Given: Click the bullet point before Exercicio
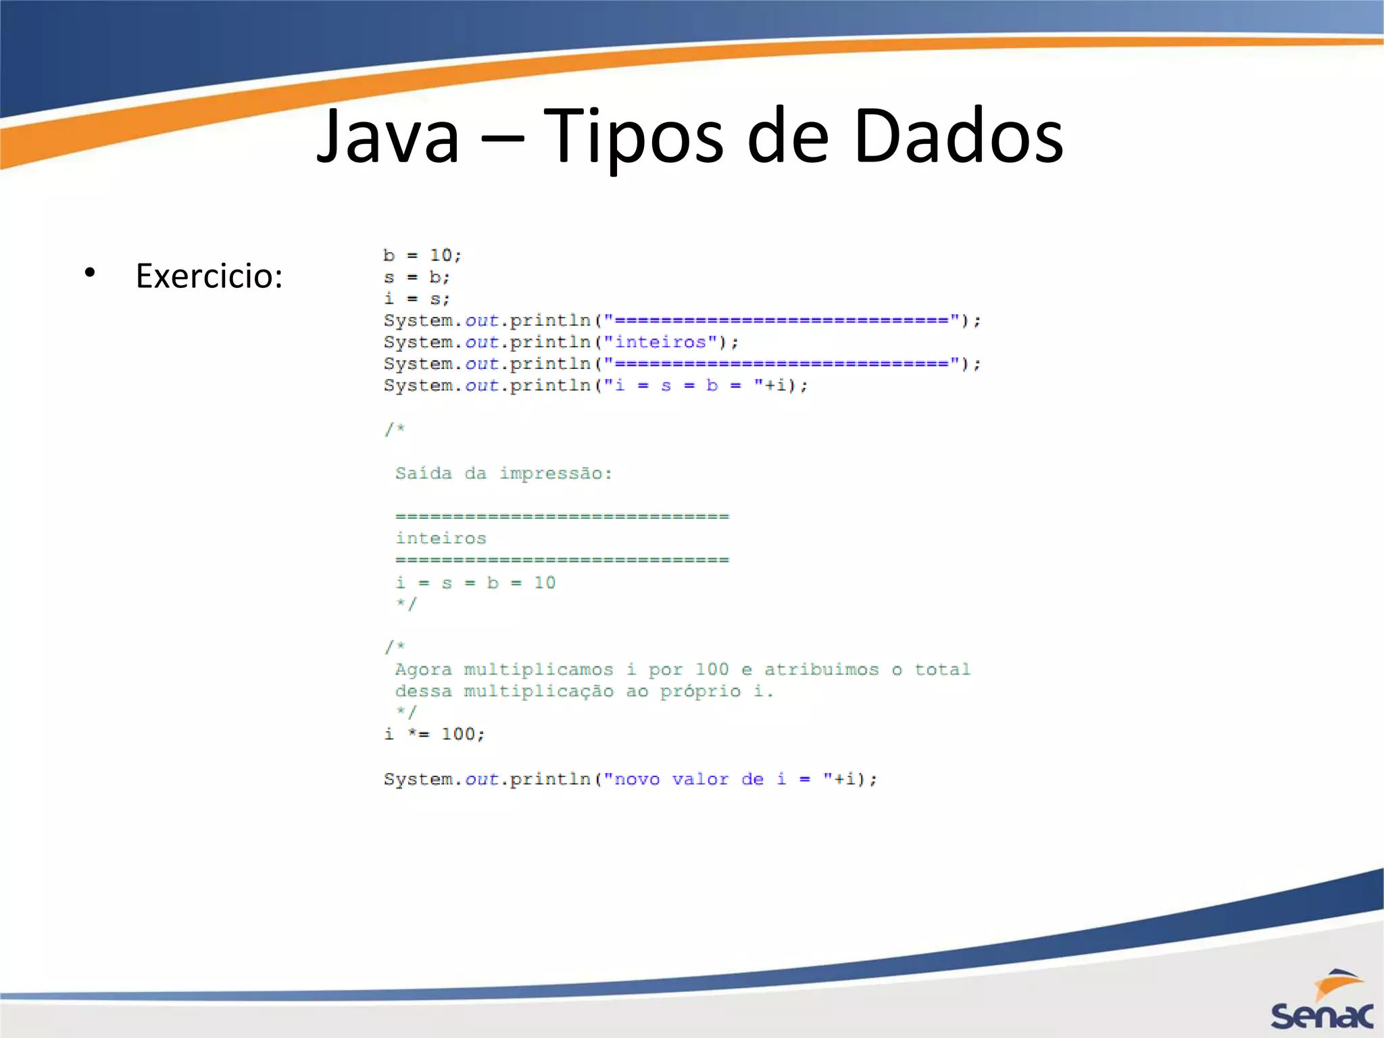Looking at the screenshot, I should (90, 274).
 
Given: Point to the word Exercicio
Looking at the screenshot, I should (209, 276).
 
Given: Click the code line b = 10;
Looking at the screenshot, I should (422, 255).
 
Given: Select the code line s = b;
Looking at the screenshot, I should (416, 277).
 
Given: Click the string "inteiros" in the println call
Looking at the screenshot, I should (660, 342).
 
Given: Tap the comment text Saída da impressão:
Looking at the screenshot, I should (503, 473).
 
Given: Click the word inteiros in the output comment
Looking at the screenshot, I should (441, 538).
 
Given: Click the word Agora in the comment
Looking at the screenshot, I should (423, 669).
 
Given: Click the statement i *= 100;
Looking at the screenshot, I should (435, 734).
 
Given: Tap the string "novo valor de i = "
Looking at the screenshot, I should (718, 779).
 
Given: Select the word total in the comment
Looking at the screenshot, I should (942, 669).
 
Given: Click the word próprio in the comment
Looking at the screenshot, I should (700, 691).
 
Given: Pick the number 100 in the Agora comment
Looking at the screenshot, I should (712, 669).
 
